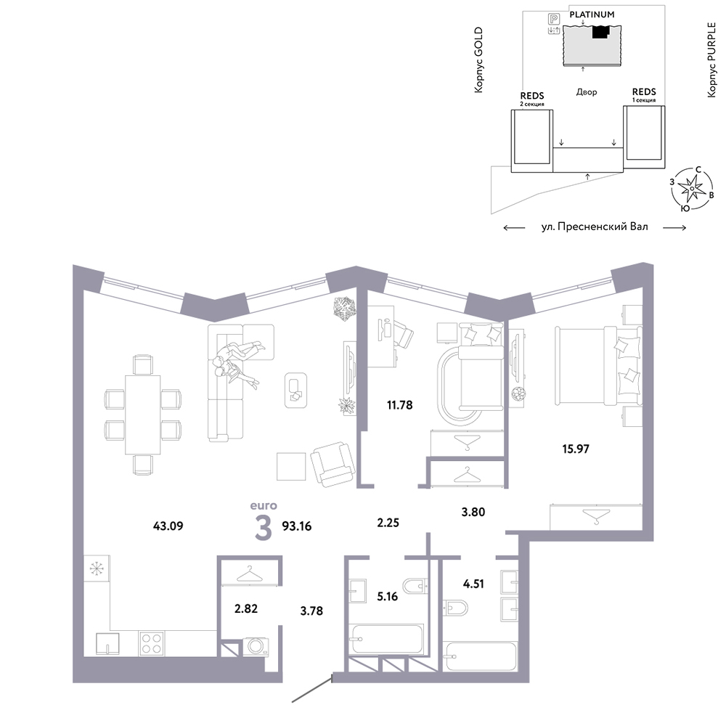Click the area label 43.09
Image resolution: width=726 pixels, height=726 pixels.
pyautogui.click(x=168, y=526)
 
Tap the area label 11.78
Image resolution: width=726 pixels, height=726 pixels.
pyautogui.click(x=399, y=405)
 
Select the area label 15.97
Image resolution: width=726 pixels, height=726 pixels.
pyautogui.click(x=576, y=449)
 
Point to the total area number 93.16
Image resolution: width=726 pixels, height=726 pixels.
pyautogui.click(x=297, y=526)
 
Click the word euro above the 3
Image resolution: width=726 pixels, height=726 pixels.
pyautogui.click(x=264, y=505)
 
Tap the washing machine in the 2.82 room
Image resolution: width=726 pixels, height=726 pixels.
pyautogui.click(x=256, y=646)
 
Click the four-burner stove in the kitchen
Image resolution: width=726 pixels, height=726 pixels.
pyautogui.click(x=152, y=643)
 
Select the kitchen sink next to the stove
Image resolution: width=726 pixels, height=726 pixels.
pyautogui.click(x=107, y=643)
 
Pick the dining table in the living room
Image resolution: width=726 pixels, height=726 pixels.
pyautogui.click(x=142, y=415)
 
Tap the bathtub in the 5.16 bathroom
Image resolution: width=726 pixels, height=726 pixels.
pyautogui.click(x=387, y=640)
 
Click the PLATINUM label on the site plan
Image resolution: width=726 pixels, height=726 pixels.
pyautogui.click(x=592, y=15)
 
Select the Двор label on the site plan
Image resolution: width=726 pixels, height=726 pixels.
pyautogui.click(x=587, y=92)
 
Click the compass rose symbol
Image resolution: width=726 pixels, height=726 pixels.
pyautogui.click(x=692, y=189)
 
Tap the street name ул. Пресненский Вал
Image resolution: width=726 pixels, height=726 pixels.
pyautogui.click(x=595, y=227)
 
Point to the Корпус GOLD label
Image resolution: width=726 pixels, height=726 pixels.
pyautogui.click(x=478, y=60)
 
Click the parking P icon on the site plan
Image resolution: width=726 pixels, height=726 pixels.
pyautogui.click(x=554, y=19)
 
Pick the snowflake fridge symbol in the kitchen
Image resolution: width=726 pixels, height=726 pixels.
pyautogui.click(x=97, y=568)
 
